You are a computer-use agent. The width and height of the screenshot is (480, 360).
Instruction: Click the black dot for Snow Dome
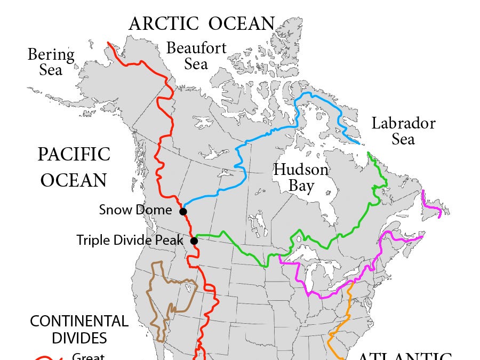(x=183, y=212)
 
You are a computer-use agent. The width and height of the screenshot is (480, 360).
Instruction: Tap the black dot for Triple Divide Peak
(x=194, y=241)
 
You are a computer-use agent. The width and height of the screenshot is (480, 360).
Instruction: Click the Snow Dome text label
(x=135, y=210)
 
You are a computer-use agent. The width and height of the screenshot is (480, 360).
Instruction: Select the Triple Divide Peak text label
(x=130, y=240)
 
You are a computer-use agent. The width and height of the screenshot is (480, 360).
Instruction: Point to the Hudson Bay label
(x=301, y=178)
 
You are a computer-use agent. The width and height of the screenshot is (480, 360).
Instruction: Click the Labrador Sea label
(x=403, y=131)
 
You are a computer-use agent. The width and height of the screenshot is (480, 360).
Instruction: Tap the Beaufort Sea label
(x=196, y=55)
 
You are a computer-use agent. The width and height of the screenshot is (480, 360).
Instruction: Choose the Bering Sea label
(x=51, y=62)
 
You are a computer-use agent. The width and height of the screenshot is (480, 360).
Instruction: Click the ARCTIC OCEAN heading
(x=202, y=23)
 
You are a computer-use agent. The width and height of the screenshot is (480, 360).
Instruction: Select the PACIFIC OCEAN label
(x=74, y=167)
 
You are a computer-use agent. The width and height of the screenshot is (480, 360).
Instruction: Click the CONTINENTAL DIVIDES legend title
(x=79, y=330)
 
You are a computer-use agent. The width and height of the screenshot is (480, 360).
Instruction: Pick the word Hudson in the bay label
(x=301, y=170)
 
